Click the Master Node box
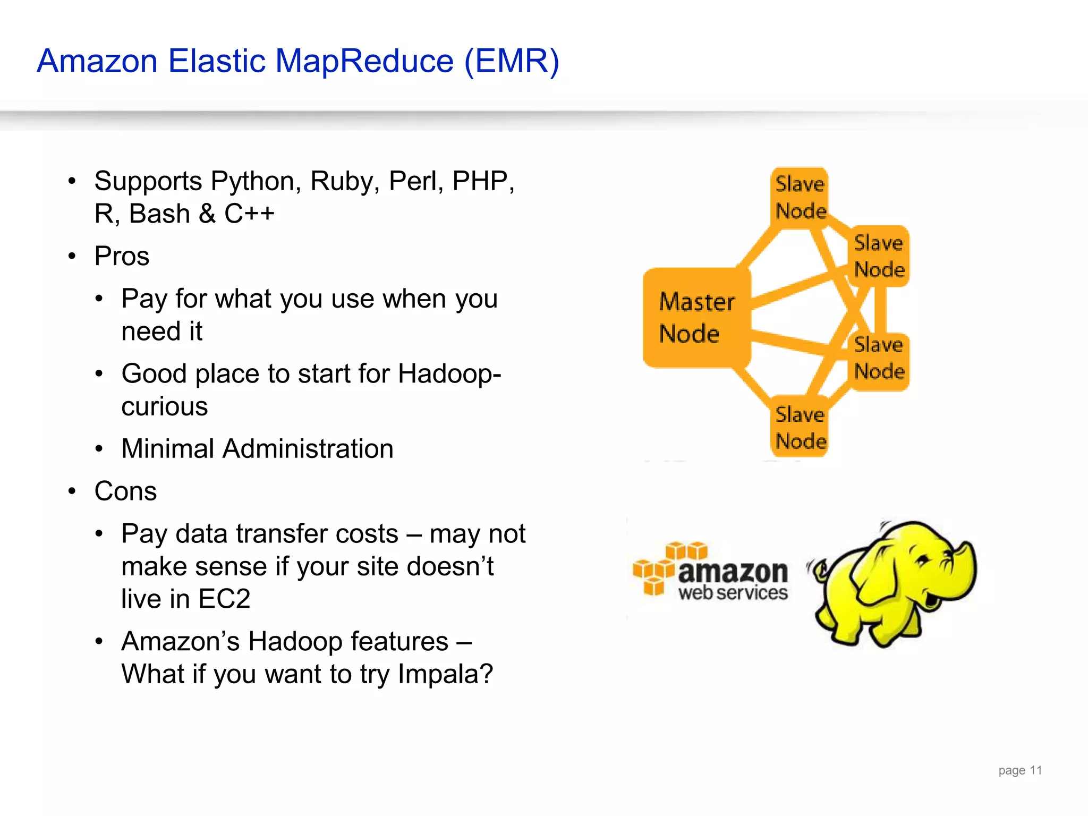pos(696,318)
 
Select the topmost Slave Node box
pos(800,198)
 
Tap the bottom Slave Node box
pos(800,427)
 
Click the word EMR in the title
pos(512,61)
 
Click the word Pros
pos(122,257)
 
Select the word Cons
pos(125,491)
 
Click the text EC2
pos(224,599)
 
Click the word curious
pos(164,407)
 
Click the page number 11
pos(1035,770)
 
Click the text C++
pos(249,214)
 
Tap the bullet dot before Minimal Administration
pos(99,449)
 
